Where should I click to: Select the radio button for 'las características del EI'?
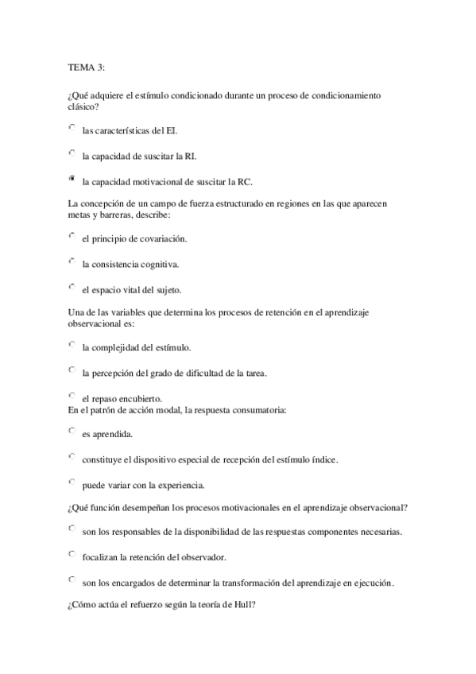tap(72, 127)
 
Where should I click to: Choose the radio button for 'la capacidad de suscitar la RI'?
tap(72, 153)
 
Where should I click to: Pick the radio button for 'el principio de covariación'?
tap(72, 236)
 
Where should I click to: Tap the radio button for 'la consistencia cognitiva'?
tap(72, 261)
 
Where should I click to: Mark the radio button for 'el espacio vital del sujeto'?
tap(72, 287)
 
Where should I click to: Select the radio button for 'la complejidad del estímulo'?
tap(72, 345)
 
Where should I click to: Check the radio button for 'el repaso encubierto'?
tap(72, 395)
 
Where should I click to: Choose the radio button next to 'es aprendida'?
tap(72, 432)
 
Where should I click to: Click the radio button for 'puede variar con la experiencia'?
tap(72, 482)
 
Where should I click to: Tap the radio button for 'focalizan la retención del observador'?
tap(72, 554)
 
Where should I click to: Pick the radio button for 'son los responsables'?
tap(72, 529)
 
